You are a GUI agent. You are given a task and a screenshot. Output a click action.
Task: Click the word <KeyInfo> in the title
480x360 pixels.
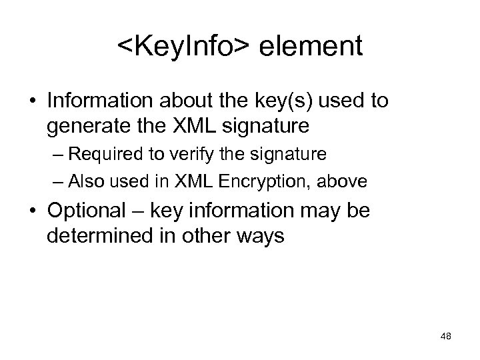click(185, 47)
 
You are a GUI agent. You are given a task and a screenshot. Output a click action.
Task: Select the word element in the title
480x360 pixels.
click(312, 47)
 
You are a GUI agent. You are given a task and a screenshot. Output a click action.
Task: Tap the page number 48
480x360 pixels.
click(446, 337)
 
